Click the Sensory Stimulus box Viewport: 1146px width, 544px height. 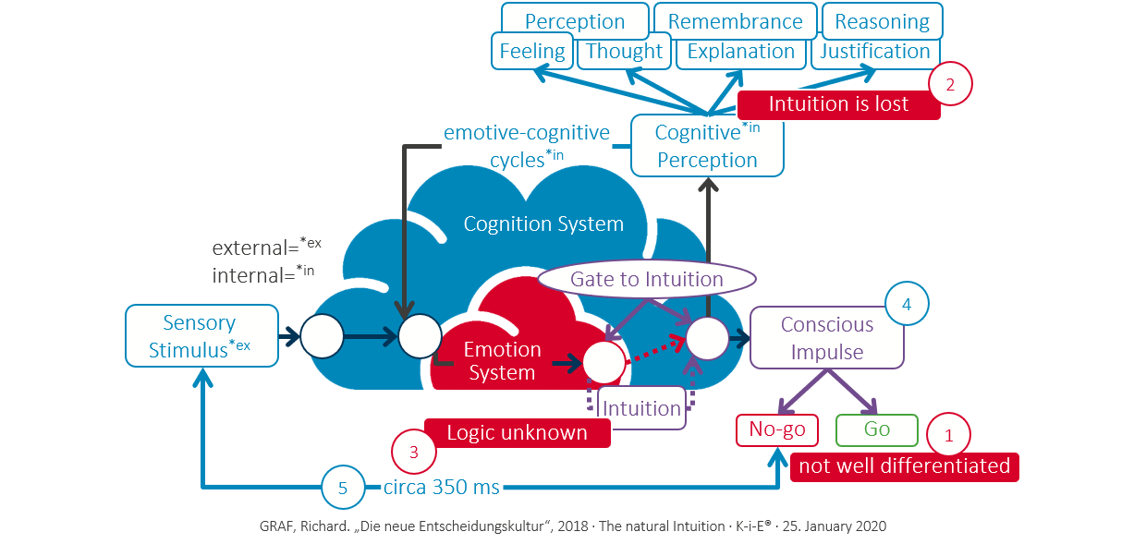click(x=201, y=336)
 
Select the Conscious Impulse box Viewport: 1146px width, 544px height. click(x=826, y=338)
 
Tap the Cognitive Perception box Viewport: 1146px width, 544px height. click(x=707, y=146)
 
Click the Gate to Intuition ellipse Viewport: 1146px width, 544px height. click(x=646, y=279)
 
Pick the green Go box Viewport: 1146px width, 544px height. click(x=876, y=430)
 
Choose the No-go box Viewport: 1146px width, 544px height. click(x=777, y=430)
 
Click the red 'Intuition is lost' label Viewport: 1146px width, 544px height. click(x=838, y=104)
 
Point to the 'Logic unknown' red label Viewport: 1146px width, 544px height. click(x=517, y=432)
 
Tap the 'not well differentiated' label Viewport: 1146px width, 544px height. click(x=904, y=466)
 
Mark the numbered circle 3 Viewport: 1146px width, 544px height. click(x=414, y=453)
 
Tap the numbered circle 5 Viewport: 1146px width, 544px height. click(x=343, y=489)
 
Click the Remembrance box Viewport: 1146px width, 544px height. click(x=735, y=21)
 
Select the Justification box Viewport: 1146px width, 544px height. click(x=875, y=52)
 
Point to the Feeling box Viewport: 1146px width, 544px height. click(x=531, y=52)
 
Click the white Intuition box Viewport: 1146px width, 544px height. click(x=641, y=407)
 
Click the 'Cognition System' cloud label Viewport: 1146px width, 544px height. click(x=543, y=224)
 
